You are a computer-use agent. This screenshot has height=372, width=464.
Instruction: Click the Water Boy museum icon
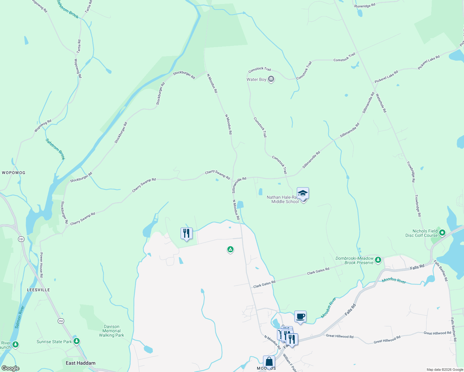click(x=271, y=79)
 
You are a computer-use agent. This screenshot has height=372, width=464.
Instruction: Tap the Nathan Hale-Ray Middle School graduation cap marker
click(x=303, y=194)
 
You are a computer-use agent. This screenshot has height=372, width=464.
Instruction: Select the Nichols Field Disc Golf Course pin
click(x=443, y=232)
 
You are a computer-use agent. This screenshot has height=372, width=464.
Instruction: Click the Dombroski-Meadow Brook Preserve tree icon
click(x=378, y=260)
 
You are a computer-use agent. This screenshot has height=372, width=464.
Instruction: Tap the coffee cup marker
click(x=300, y=317)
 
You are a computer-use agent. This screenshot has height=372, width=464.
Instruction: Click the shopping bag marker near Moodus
click(x=269, y=362)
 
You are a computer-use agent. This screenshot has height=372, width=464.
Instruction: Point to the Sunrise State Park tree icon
click(x=77, y=341)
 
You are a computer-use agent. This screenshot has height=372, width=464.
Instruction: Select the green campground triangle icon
click(x=230, y=249)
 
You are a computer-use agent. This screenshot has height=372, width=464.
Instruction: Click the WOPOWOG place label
click(x=14, y=173)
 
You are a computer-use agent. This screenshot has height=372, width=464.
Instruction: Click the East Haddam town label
click(x=81, y=363)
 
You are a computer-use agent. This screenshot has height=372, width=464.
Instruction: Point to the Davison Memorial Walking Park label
click(x=111, y=331)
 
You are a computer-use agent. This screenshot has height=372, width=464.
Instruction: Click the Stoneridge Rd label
click(x=364, y=5)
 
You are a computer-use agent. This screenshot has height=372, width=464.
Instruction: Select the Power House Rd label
click(x=41, y=265)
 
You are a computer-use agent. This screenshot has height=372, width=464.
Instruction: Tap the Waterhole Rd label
click(x=381, y=103)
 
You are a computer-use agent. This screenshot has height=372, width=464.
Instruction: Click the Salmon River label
click(x=20, y=317)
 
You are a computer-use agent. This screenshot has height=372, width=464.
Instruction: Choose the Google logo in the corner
click(x=10, y=368)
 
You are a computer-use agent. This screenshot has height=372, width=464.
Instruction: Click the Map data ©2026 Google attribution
click(x=444, y=370)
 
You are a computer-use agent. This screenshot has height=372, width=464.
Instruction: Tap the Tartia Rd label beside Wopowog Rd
click(x=79, y=46)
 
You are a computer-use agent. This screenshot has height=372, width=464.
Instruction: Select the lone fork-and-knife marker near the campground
click(x=186, y=233)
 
